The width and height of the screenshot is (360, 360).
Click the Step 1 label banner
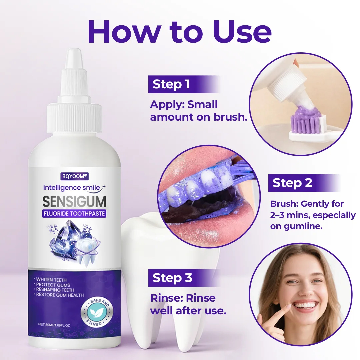tap(184, 84)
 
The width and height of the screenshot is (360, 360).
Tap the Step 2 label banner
tap(304, 183)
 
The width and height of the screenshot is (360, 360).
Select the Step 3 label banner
tap(184, 278)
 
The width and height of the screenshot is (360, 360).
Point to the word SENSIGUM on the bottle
tap(74, 201)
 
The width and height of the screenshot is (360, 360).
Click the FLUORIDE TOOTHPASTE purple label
tap(74, 214)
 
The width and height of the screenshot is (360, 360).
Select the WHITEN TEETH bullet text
tap(51, 280)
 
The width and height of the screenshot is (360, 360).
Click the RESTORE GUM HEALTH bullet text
tap(59, 295)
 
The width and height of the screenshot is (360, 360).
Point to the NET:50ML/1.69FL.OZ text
tap(54, 325)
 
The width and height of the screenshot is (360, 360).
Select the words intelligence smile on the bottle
tap(72, 188)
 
